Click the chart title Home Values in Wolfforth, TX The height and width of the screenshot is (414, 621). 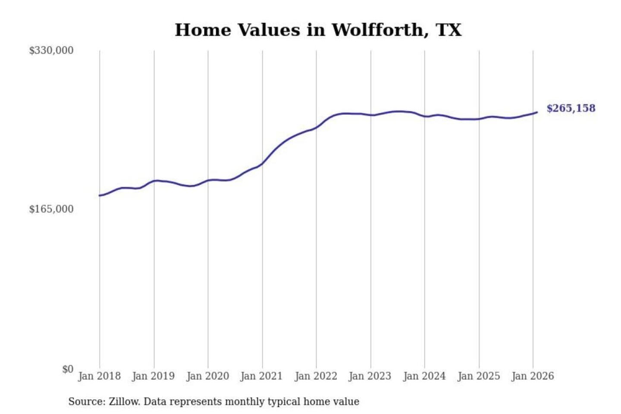[318, 30]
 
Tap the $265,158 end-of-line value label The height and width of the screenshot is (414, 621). [571, 108]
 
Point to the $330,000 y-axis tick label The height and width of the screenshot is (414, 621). [51, 50]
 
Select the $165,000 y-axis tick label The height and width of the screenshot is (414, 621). [51, 209]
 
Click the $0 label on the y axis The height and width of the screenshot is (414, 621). [68, 369]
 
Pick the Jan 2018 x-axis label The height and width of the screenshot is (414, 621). [99, 376]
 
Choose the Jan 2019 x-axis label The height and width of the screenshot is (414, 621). [153, 376]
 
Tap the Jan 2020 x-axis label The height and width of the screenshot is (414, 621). [207, 376]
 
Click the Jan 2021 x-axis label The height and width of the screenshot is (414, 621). [261, 376]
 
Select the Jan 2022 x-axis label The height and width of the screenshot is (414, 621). [316, 376]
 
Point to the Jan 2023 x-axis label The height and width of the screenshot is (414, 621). [370, 376]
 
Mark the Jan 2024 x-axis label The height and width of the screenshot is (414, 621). [424, 376]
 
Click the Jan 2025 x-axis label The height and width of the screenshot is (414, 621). [478, 376]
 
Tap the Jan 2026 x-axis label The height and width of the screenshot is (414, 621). [532, 376]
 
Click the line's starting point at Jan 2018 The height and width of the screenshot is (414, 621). [100, 196]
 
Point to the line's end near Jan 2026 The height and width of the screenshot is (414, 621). [537, 112]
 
